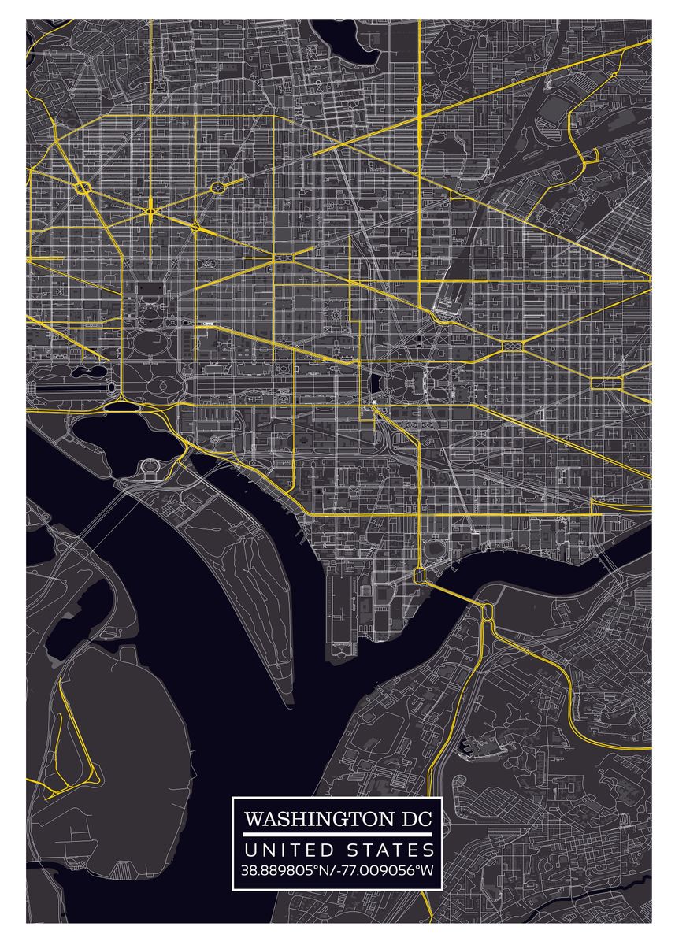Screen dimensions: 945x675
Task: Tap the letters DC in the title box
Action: coord(412,819)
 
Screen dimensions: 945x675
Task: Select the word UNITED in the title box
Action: coord(287,850)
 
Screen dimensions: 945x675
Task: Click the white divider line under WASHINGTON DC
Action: coord(338,834)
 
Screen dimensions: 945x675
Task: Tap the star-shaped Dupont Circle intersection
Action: coord(150,210)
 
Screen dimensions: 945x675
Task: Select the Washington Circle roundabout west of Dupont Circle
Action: coord(84,188)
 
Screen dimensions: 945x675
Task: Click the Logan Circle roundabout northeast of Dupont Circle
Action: coord(217,187)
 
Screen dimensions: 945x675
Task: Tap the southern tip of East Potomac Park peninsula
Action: coord(288,697)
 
